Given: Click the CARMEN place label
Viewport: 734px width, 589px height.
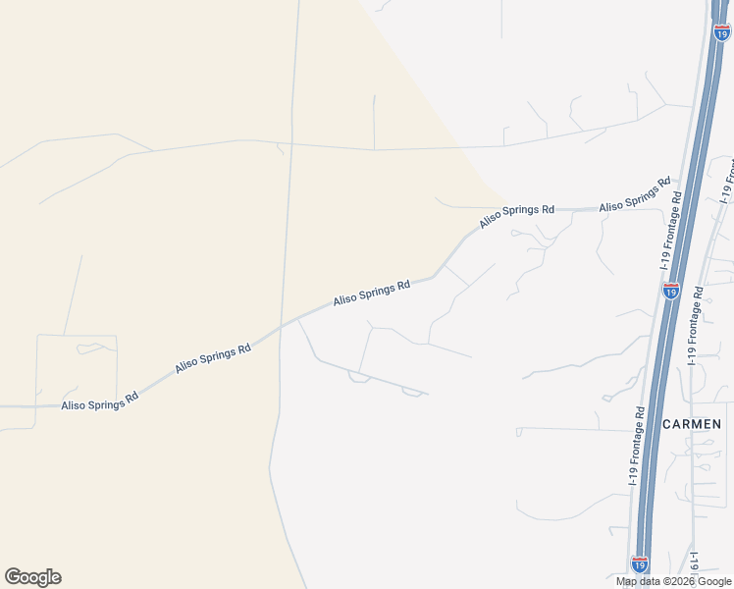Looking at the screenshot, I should (693, 424).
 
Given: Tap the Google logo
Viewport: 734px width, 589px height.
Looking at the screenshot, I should (32, 577).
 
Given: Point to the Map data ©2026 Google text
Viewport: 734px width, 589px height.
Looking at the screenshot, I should (673, 581).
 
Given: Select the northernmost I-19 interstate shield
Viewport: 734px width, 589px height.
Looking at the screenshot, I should (722, 32).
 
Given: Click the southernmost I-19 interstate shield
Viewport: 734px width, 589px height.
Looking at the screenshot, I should (639, 564).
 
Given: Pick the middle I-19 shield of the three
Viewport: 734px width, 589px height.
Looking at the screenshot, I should (671, 291).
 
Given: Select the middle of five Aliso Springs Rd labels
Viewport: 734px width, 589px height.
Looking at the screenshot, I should (371, 294).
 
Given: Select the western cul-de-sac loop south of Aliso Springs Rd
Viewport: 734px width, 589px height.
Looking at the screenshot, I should (359, 377).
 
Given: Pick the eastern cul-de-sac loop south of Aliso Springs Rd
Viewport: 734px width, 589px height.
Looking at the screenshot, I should (412, 393).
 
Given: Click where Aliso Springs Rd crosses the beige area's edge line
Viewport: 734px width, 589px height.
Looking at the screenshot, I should (284, 323).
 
